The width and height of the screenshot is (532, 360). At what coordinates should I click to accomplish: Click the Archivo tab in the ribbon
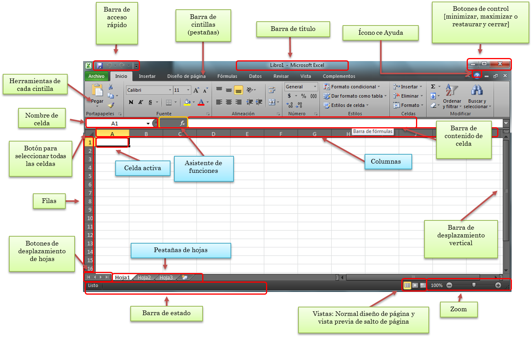click(96, 76)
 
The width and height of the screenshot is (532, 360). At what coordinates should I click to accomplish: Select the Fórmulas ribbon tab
click(227, 76)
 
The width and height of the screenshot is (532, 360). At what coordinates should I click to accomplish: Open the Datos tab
click(255, 76)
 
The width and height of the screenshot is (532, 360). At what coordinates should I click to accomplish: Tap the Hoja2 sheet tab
click(144, 278)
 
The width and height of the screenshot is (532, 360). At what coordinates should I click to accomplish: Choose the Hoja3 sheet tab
click(166, 278)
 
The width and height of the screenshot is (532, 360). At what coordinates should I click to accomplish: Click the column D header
click(213, 134)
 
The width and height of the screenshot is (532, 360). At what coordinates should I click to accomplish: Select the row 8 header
click(90, 201)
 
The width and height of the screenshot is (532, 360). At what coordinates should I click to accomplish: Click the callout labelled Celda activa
click(143, 168)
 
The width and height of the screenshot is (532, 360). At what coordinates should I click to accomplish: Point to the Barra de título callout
click(293, 29)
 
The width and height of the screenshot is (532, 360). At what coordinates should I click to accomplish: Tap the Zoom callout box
click(459, 309)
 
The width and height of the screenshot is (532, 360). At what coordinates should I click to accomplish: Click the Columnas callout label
click(386, 162)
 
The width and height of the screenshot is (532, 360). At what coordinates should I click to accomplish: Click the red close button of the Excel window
click(500, 64)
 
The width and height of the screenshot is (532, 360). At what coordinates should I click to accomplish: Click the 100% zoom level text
click(437, 285)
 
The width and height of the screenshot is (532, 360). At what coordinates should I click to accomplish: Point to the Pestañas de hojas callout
click(181, 250)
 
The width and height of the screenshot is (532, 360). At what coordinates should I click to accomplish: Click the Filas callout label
click(49, 201)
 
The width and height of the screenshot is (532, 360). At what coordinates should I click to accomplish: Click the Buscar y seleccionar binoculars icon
click(477, 90)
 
